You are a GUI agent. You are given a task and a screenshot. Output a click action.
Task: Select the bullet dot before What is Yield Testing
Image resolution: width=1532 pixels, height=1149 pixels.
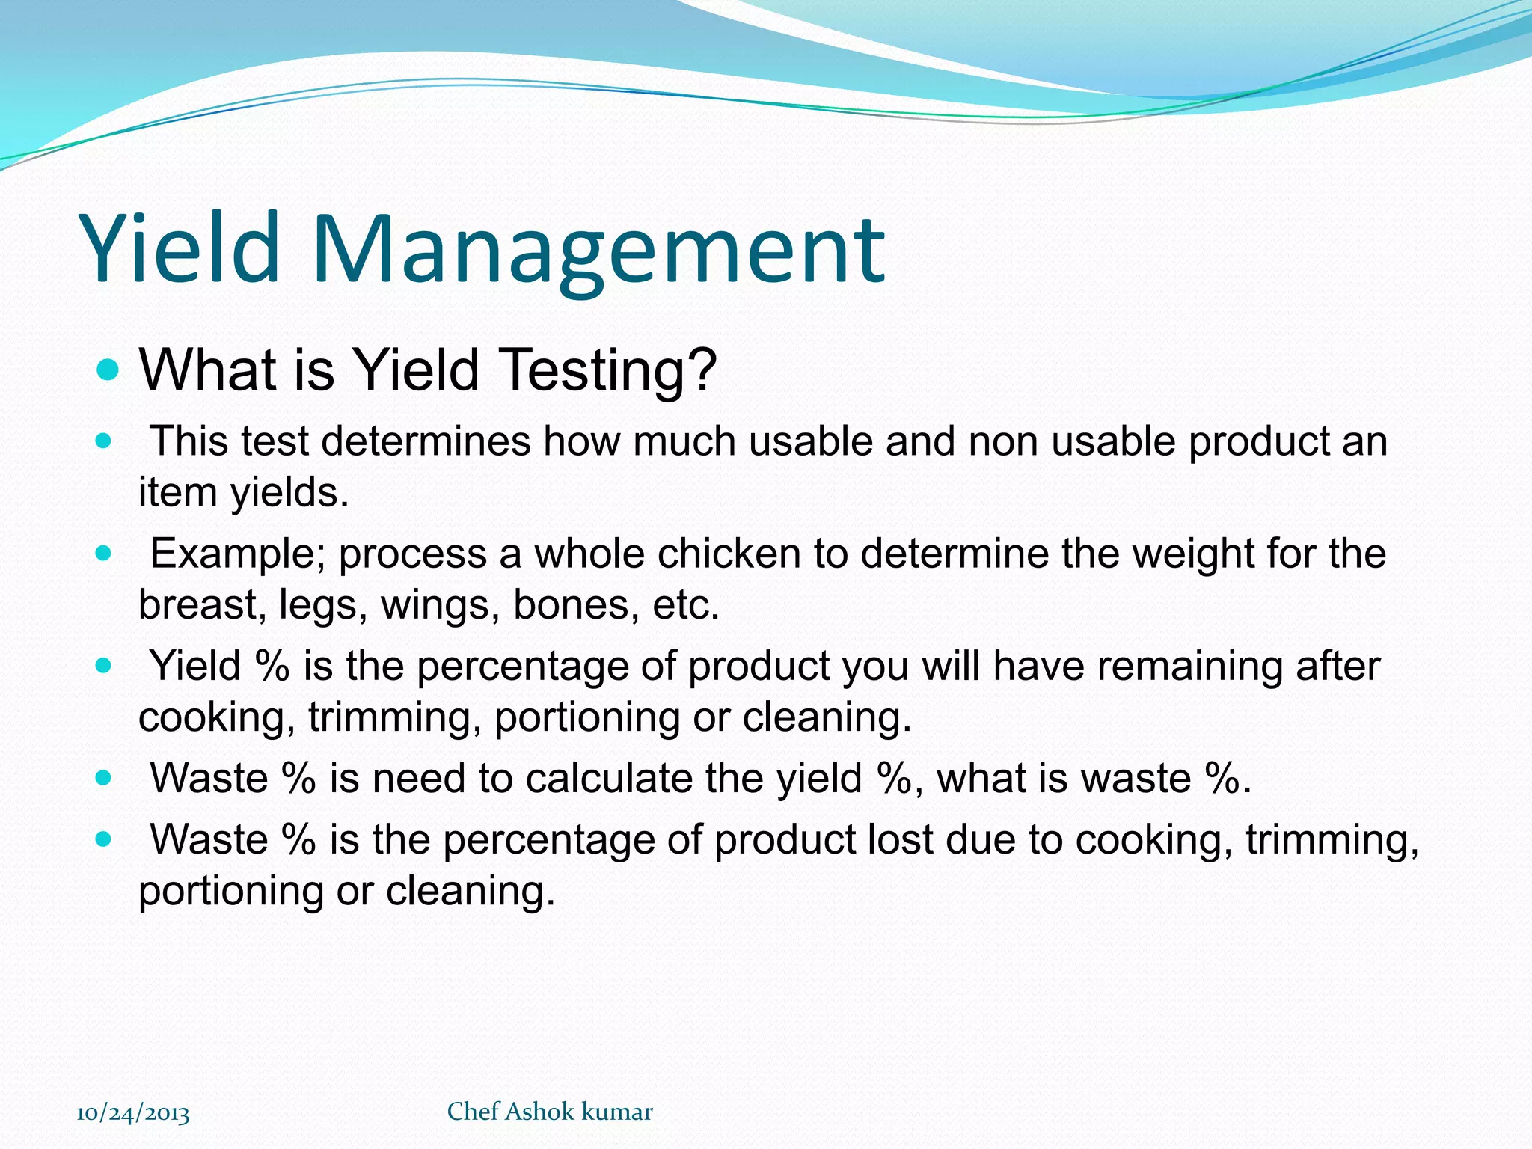pyautogui.click(x=108, y=369)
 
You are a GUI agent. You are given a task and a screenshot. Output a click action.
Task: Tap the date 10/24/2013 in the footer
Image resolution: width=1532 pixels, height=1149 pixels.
pyautogui.click(x=133, y=1113)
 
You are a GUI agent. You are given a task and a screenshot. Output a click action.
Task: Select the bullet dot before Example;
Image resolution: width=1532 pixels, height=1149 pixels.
pyautogui.click(x=104, y=554)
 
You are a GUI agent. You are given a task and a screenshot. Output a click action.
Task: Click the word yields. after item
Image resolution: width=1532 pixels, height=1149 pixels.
pyautogui.click(x=289, y=492)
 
